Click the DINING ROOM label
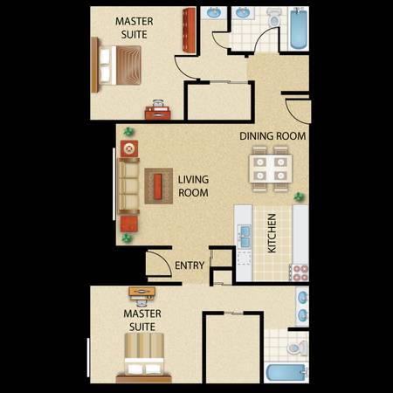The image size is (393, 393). pyautogui.click(x=272, y=136)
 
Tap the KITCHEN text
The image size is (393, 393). pyautogui.click(x=272, y=233)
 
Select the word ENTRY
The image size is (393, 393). pyautogui.click(x=190, y=265)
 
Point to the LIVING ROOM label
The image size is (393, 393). pyautogui.click(x=193, y=186)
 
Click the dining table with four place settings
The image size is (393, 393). pyautogui.click(x=271, y=169)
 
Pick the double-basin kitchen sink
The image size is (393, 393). pyautogui.click(x=244, y=237)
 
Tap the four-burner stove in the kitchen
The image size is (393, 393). pyautogui.click(x=299, y=272)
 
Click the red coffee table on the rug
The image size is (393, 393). pyautogui.click(x=158, y=186)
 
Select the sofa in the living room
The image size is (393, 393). pyautogui.click(x=128, y=186)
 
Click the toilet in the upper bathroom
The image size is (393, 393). pyautogui.click(x=273, y=17)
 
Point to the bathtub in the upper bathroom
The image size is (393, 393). pyautogui.click(x=299, y=29)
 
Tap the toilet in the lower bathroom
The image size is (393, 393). pyautogui.click(x=297, y=348)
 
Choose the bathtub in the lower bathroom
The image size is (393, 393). pyautogui.click(x=287, y=373)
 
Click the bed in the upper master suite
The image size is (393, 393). pyautogui.click(x=116, y=65)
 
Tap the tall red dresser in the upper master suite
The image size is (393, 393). pyautogui.click(x=189, y=31)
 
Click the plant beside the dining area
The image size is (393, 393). pyautogui.click(x=299, y=197)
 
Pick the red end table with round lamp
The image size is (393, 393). pyautogui.click(x=129, y=148)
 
